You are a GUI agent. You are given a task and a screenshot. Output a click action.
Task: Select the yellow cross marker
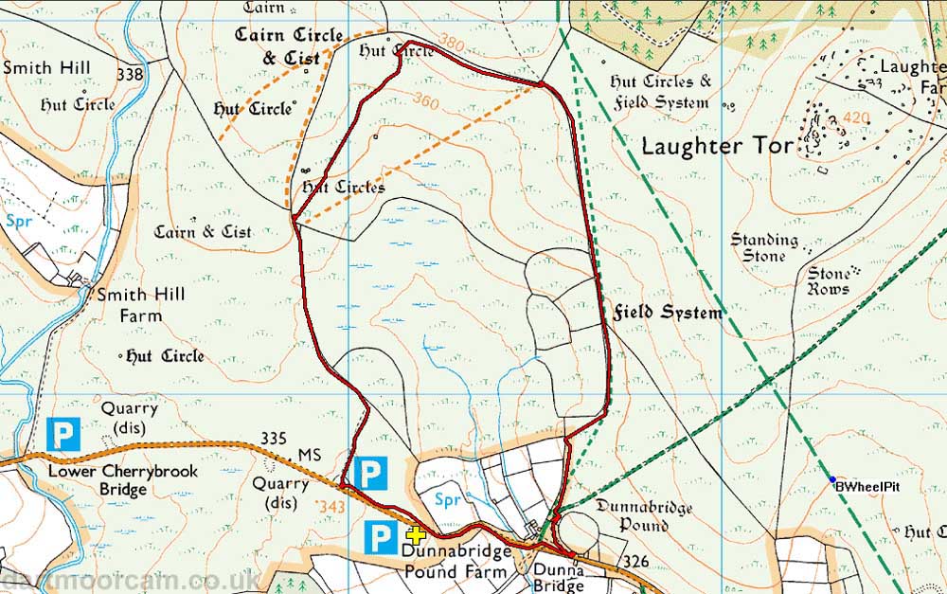[x=415, y=535]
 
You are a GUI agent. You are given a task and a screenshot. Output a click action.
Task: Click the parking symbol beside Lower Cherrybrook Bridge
[x=63, y=436]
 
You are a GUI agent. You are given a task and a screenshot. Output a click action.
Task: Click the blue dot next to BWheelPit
[x=831, y=479]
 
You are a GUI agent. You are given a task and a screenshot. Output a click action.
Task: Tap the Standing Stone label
[x=764, y=247]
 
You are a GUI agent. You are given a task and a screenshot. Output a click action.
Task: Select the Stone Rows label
[x=828, y=281]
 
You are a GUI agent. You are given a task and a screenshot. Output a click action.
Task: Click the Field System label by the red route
[x=667, y=312]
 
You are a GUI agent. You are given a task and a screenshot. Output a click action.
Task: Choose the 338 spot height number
[x=130, y=74]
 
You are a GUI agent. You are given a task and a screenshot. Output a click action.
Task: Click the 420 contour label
[x=854, y=118]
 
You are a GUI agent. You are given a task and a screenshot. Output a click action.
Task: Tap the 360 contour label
[x=425, y=99]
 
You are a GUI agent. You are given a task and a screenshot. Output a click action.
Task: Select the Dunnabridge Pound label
[x=644, y=515]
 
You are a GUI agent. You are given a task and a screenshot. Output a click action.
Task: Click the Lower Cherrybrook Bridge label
[x=97, y=480]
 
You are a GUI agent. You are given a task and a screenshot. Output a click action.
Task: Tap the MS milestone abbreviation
[x=310, y=456]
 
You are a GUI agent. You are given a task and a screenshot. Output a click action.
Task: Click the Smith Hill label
[x=46, y=68]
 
